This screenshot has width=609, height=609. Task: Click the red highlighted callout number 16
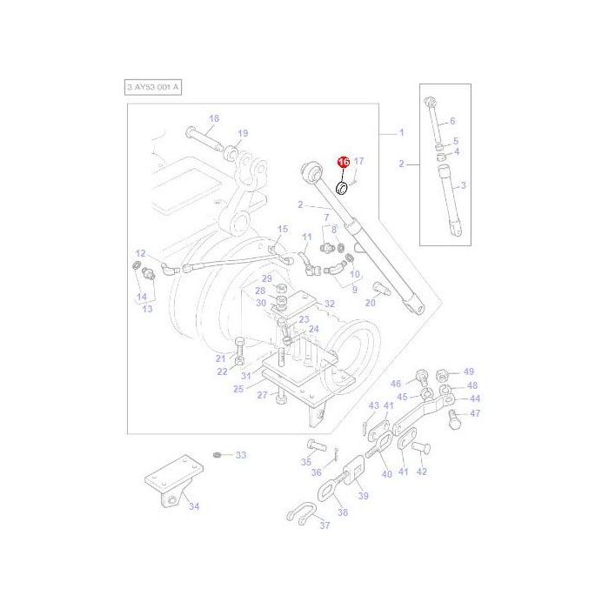[x=343, y=163]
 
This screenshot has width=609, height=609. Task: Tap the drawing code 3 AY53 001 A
[x=154, y=88]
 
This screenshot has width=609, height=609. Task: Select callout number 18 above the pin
[x=214, y=118]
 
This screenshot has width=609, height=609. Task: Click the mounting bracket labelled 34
[x=168, y=490]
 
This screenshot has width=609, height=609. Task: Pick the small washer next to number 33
[x=217, y=454]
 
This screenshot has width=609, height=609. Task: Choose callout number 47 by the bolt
[x=475, y=413]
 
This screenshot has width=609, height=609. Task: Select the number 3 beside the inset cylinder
[x=463, y=185]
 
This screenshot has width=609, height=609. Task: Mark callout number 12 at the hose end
[x=140, y=252]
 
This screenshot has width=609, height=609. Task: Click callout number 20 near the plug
[x=371, y=303]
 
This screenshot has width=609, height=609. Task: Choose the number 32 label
[x=328, y=304]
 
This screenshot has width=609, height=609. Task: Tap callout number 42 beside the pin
[x=422, y=472]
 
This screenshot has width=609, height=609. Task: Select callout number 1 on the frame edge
[x=401, y=133]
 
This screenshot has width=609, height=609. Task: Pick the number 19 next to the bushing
[x=243, y=133]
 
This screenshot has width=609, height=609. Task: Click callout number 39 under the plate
[x=363, y=495]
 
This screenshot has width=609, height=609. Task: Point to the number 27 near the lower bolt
[x=262, y=395]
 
